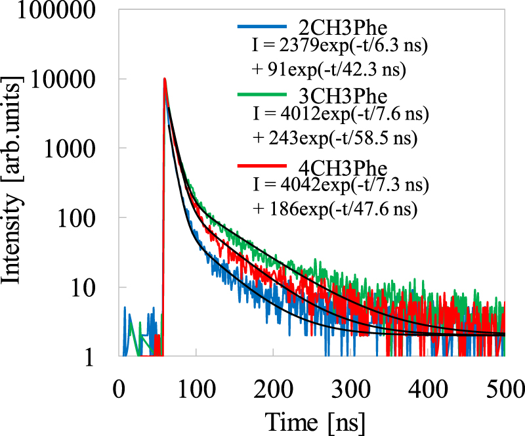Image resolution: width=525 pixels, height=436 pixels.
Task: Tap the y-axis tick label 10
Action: point(92,289)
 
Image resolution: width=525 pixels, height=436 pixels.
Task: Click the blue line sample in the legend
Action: point(262,28)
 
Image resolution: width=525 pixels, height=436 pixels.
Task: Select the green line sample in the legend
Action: point(262,95)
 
